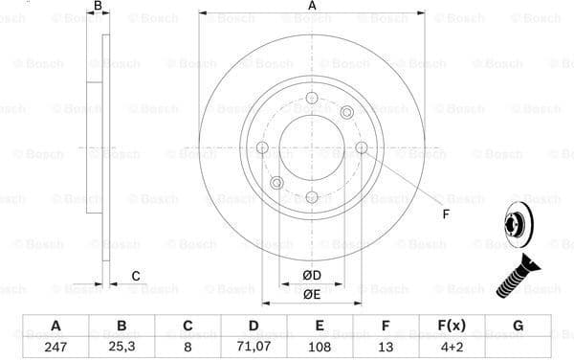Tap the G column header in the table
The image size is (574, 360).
518,326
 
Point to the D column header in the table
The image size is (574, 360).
254,326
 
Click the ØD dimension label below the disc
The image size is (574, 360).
311,276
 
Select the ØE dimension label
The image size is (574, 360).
311,294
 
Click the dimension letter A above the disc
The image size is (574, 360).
312,7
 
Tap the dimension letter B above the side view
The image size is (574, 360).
96,7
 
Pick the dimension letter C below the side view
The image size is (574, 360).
136,277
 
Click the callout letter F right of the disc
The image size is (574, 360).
446,213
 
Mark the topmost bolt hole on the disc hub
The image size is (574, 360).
312,98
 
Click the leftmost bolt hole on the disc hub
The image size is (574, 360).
262,147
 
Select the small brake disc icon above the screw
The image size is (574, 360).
515,228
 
